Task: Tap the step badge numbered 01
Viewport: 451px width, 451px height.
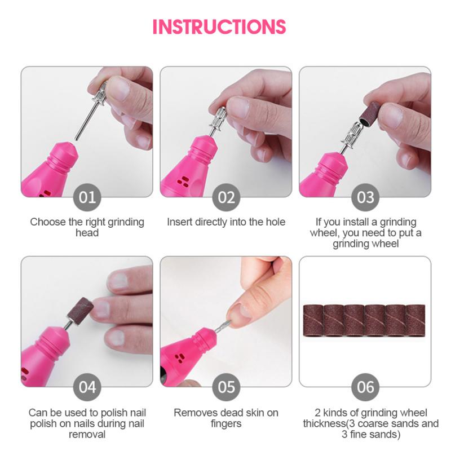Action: click(87, 197)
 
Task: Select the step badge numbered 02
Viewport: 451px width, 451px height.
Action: click(226, 197)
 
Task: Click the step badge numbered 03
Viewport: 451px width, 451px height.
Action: click(365, 197)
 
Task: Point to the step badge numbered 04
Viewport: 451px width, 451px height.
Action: click(87, 387)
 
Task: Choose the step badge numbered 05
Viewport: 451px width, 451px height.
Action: click(226, 387)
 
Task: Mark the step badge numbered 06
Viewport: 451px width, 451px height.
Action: click(365, 387)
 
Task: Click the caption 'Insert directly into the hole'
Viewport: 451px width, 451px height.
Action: click(226, 222)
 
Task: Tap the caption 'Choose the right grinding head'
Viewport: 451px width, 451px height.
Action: click(87, 227)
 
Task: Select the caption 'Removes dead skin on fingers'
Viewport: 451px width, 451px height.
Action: click(226, 418)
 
